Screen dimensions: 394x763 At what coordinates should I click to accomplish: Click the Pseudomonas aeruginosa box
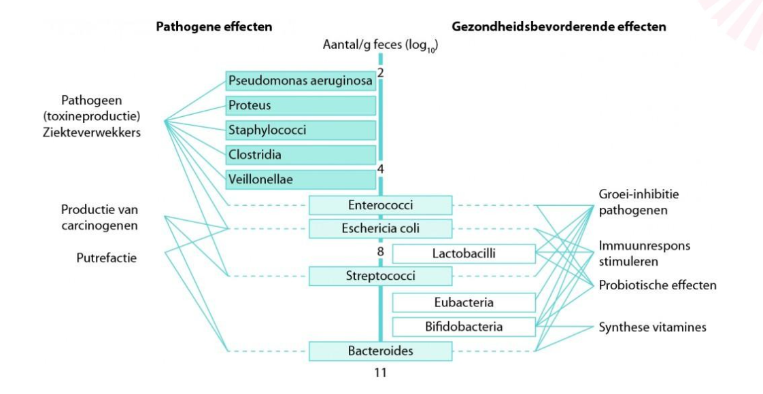click(x=301, y=81)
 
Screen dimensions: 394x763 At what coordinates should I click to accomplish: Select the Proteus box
click(x=301, y=105)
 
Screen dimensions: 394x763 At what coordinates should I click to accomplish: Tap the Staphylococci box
click(x=301, y=130)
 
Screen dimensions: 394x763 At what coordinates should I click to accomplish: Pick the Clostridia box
click(x=301, y=154)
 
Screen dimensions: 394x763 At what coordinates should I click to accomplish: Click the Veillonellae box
click(x=301, y=179)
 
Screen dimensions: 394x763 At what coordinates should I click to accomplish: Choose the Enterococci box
click(x=380, y=205)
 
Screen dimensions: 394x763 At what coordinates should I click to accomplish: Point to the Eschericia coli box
click(x=380, y=229)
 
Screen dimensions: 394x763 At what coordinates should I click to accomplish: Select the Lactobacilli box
click(x=464, y=253)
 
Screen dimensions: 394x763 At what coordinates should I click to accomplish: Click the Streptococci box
click(x=380, y=276)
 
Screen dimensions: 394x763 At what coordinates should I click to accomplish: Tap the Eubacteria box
click(x=464, y=302)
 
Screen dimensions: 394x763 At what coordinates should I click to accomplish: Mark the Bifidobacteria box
click(x=464, y=327)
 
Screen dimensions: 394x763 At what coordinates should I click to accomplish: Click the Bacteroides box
click(x=380, y=351)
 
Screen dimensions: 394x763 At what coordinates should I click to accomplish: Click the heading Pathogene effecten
click(x=214, y=27)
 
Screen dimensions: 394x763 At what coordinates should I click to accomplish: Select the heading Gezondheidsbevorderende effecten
click(x=558, y=27)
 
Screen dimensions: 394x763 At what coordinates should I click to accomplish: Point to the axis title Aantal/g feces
click(x=379, y=46)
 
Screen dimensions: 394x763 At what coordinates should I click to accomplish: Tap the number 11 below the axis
click(x=381, y=373)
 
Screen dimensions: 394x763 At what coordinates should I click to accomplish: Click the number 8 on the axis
click(x=381, y=252)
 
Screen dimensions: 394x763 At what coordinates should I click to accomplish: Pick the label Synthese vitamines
click(x=652, y=327)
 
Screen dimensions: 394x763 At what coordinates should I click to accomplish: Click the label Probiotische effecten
click(x=657, y=285)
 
